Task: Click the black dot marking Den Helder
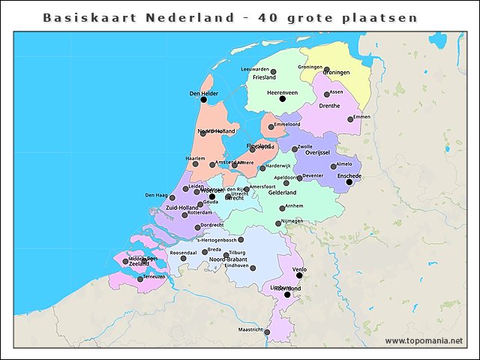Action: (x=203, y=99)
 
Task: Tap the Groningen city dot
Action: (x=326, y=70)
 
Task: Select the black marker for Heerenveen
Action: (x=282, y=98)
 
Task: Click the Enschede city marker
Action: (x=349, y=181)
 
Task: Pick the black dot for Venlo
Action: (x=299, y=275)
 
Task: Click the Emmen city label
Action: (x=361, y=117)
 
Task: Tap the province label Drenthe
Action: (x=329, y=106)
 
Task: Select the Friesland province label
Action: (x=264, y=77)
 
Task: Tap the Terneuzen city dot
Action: (x=139, y=279)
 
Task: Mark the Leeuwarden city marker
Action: (x=273, y=72)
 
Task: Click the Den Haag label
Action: (x=155, y=196)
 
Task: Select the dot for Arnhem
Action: (x=282, y=208)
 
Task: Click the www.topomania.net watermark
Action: (x=424, y=340)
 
